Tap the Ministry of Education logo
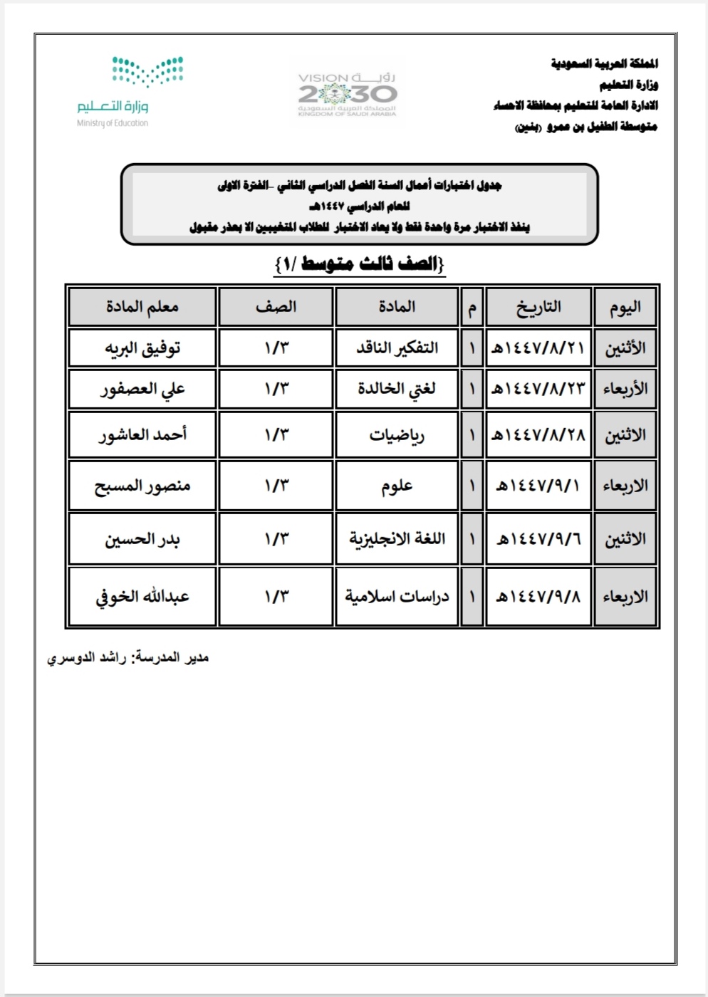130,93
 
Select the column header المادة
397,307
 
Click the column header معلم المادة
142,307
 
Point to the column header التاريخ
538,307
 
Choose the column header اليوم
625,307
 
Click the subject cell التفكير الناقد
397,348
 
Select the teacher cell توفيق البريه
142,348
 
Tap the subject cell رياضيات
397,434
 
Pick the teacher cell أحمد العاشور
142,434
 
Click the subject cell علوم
397,486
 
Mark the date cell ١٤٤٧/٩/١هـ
538,486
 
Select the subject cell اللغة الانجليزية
397,538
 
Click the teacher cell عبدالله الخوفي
142,597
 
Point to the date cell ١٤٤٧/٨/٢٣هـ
538,389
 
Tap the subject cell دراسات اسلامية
397,597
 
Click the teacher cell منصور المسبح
142,486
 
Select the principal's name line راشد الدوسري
128,658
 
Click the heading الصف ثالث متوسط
360,264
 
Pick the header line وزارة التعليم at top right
628,85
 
